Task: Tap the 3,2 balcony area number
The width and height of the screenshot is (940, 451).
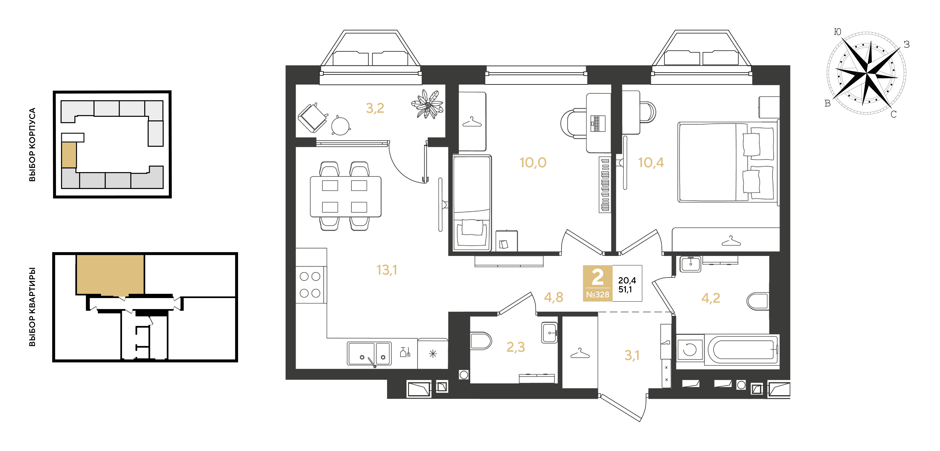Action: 375,108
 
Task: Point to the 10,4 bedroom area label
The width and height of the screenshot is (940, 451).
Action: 651,162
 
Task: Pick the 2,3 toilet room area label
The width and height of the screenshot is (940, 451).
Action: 516,347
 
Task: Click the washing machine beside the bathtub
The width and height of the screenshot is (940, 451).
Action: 690,349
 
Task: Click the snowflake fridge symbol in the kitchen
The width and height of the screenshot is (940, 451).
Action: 433,354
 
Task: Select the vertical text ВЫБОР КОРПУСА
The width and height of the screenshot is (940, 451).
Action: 32,145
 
